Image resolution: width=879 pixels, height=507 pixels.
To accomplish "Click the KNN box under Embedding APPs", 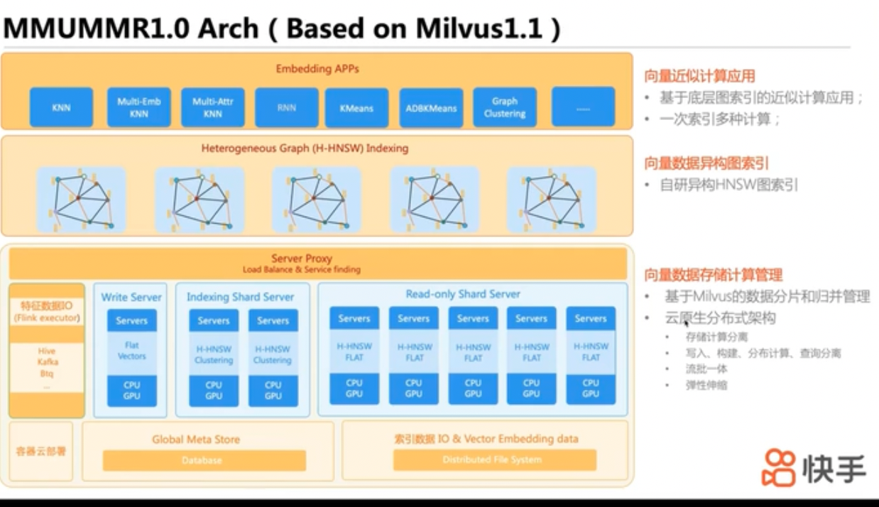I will pos(61,108).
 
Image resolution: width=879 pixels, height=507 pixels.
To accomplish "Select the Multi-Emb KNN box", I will pos(139,108).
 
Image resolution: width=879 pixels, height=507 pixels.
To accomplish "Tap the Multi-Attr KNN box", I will pos(213,108).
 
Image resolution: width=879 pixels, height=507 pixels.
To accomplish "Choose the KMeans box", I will pos(356,108).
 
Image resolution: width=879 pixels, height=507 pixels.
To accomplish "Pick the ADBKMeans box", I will pos(431,108).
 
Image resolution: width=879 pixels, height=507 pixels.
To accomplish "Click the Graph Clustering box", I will pos(505,107).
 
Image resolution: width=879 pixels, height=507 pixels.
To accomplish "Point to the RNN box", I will pos(287,108).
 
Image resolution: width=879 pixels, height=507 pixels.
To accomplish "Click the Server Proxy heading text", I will pos(301,258).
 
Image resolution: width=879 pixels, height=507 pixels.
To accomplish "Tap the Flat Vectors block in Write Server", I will pos(131,351).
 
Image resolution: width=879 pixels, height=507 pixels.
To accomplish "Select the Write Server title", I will pos(131,298).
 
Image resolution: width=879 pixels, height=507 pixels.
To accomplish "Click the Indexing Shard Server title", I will pos(240,298).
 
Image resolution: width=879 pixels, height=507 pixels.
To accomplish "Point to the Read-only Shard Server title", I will pos(463,294).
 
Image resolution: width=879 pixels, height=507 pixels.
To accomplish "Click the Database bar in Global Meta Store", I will pos(204,460).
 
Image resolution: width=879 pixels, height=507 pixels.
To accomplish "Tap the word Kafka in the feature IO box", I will pos(46,362).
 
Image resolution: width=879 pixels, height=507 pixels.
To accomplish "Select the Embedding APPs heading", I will pos(317,69).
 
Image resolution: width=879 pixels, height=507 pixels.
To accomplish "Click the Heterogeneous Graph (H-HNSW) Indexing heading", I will pos(305,149).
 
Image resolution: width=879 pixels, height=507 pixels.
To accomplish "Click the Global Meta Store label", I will pos(196,440).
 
